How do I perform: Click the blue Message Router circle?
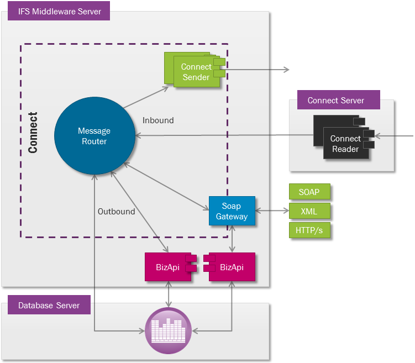(x=94, y=135)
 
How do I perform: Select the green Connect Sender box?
(x=196, y=72)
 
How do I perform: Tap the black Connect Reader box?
(x=346, y=144)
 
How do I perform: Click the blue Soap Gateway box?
(x=232, y=211)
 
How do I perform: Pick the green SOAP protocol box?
(x=309, y=192)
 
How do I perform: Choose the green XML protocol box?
(x=309, y=211)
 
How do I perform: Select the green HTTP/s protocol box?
(x=309, y=230)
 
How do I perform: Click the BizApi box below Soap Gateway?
(x=232, y=267)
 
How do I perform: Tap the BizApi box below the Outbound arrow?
(x=167, y=267)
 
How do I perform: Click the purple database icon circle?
(x=168, y=330)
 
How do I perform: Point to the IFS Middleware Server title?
(x=59, y=11)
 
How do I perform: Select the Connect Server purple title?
(x=336, y=100)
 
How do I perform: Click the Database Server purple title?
(x=49, y=305)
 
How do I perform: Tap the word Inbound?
(x=158, y=120)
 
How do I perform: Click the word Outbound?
(x=116, y=211)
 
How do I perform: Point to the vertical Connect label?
(x=33, y=133)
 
